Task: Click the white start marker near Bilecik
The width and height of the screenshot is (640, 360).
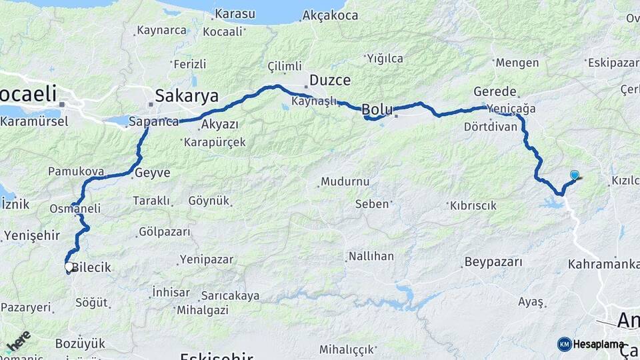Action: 69,267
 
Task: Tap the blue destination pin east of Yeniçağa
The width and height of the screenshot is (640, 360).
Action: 574,175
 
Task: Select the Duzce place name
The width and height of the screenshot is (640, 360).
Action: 330,80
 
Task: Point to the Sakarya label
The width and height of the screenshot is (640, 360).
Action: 187,96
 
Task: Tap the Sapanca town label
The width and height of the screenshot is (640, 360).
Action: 153,121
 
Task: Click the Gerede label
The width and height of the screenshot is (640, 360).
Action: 495,91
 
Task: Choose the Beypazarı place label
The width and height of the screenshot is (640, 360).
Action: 493,262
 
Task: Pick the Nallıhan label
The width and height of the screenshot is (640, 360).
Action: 370,256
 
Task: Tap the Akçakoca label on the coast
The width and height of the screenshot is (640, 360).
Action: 330,15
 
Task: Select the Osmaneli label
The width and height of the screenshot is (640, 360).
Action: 75,209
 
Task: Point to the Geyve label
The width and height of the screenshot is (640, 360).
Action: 152,173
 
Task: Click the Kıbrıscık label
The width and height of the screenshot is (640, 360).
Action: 473,205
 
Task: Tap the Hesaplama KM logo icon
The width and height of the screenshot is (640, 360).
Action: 565,344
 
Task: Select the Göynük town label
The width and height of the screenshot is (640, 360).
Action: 209,200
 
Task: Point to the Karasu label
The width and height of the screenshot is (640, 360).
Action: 234,15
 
